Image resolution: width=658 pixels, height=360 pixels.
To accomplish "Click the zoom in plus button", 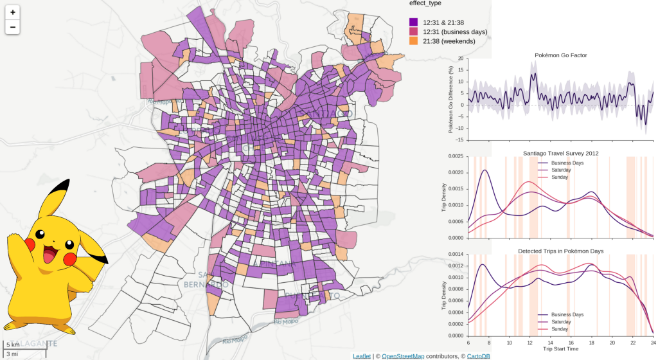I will pyautogui.click(x=13, y=12).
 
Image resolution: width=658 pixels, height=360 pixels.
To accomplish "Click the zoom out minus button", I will pyautogui.click(x=13, y=27).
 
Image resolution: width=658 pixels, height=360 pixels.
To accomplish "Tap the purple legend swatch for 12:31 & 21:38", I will pyautogui.click(x=413, y=22).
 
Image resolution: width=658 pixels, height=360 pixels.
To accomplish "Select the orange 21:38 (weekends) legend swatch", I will pyautogui.click(x=413, y=40).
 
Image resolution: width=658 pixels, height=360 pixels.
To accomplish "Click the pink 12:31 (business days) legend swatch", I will pyautogui.click(x=413, y=32).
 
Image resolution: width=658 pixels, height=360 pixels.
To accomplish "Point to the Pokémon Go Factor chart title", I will pyautogui.click(x=560, y=55).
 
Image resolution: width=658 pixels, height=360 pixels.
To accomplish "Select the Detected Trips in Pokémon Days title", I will pyautogui.click(x=560, y=250).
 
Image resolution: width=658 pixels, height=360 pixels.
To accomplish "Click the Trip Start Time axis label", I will pyautogui.click(x=560, y=348).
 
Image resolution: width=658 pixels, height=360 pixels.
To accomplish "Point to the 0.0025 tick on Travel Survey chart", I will pyautogui.click(x=456, y=156).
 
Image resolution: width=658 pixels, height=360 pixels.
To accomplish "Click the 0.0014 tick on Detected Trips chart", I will pyautogui.click(x=456, y=254).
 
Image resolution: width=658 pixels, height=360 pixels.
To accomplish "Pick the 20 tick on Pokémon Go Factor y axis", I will pyautogui.click(x=460, y=59).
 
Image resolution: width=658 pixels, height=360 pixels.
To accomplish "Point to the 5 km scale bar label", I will pyautogui.click(x=13, y=345).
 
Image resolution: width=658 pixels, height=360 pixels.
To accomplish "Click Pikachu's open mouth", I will pyautogui.click(x=49, y=256).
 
